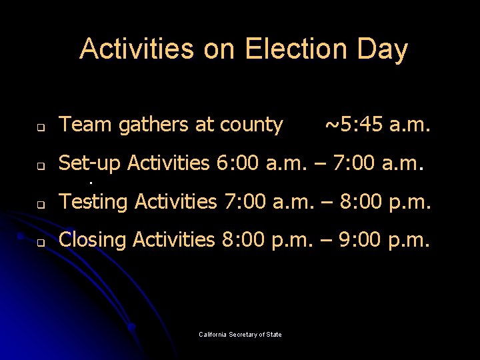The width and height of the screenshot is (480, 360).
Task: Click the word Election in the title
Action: [x=289, y=49]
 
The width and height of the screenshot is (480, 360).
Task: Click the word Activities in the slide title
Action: [x=137, y=49]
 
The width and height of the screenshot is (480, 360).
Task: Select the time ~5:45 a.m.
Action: [x=377, y=125]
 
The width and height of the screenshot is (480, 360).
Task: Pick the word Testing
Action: [x=93, y=201]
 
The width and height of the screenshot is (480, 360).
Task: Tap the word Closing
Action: [x=93, y=240]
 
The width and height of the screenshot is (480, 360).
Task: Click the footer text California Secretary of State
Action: [x=240, y=334]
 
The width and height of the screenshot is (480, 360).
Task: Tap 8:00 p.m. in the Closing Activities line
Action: [x=265, y=239]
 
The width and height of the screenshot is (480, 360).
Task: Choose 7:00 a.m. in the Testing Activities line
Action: [x=266, y=201]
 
